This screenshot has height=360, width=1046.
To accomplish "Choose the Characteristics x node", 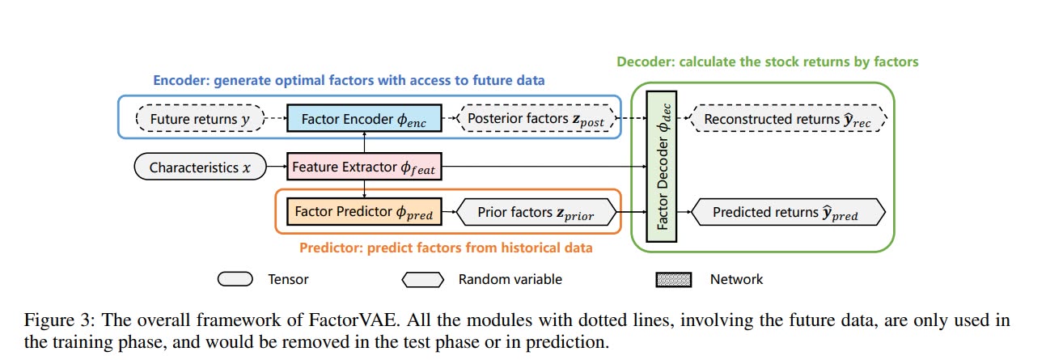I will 195,168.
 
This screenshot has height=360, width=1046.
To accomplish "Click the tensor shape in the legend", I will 235,280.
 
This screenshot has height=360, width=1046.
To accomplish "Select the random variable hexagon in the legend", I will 423,280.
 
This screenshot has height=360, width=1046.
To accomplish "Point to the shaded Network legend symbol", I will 673,280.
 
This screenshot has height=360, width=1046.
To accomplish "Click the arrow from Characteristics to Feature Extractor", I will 276,168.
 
